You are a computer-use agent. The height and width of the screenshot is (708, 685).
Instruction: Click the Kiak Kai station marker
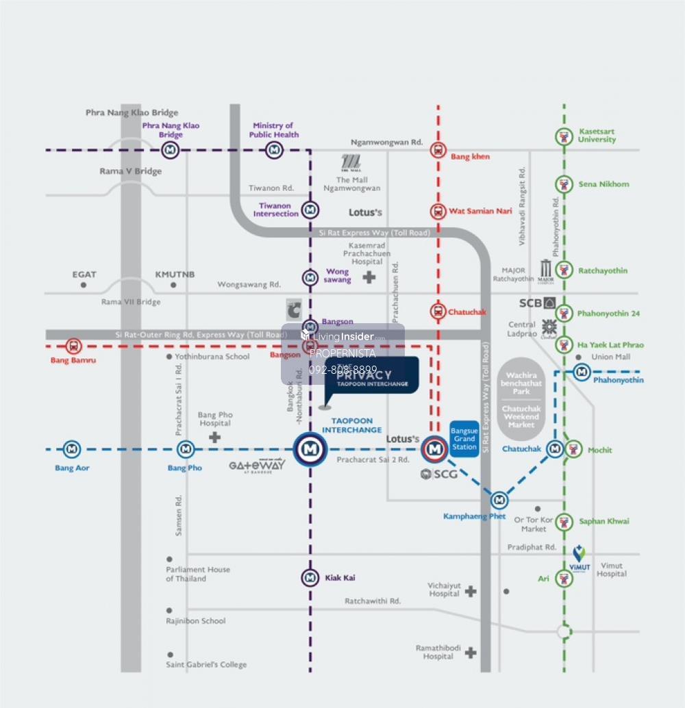[311, 577]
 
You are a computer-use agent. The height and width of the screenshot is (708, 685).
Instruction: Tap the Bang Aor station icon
[72, 449]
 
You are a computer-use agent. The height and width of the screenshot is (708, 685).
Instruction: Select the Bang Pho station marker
[186, 449]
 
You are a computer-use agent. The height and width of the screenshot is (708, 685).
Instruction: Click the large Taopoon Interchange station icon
[311, 449]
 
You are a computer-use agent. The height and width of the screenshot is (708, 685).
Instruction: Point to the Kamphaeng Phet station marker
[499, 500]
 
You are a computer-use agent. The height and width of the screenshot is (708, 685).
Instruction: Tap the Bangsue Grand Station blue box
[464, 438]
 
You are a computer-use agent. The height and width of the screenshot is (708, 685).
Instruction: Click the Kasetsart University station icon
[564, 136]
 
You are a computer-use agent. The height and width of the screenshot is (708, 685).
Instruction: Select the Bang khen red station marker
[438, 150]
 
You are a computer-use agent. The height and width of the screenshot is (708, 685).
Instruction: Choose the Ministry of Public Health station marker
[274, 149]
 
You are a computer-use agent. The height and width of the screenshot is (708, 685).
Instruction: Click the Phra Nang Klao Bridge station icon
[170, 149]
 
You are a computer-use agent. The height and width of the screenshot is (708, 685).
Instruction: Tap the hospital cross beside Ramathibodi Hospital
[470, 653]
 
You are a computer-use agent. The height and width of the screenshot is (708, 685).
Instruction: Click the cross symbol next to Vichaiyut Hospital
[471, 591]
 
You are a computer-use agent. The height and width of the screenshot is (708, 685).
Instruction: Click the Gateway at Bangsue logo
[257, 466]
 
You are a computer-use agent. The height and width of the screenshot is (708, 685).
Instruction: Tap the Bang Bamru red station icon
[73, 346]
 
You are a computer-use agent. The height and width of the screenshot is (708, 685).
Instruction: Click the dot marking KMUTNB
[173, 285]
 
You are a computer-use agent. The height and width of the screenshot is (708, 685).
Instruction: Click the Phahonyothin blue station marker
[582, 372]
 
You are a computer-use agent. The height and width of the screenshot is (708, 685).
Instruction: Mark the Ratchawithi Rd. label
[372, 600]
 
